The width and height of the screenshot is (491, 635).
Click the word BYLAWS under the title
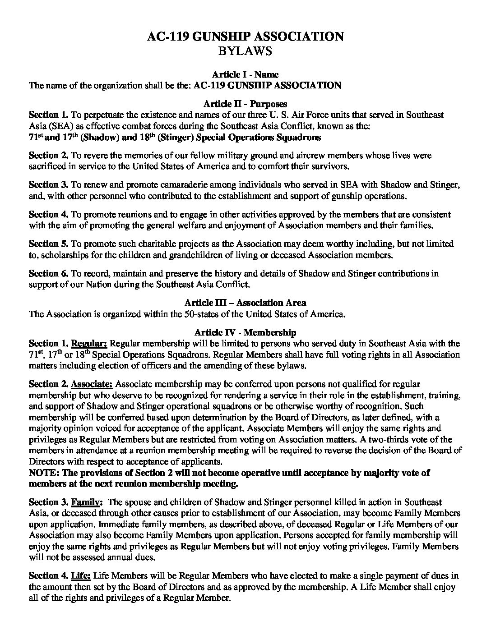245,51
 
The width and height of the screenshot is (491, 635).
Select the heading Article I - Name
245,74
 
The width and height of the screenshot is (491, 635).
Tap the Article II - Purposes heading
245,104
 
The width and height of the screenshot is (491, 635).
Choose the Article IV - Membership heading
245,333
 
